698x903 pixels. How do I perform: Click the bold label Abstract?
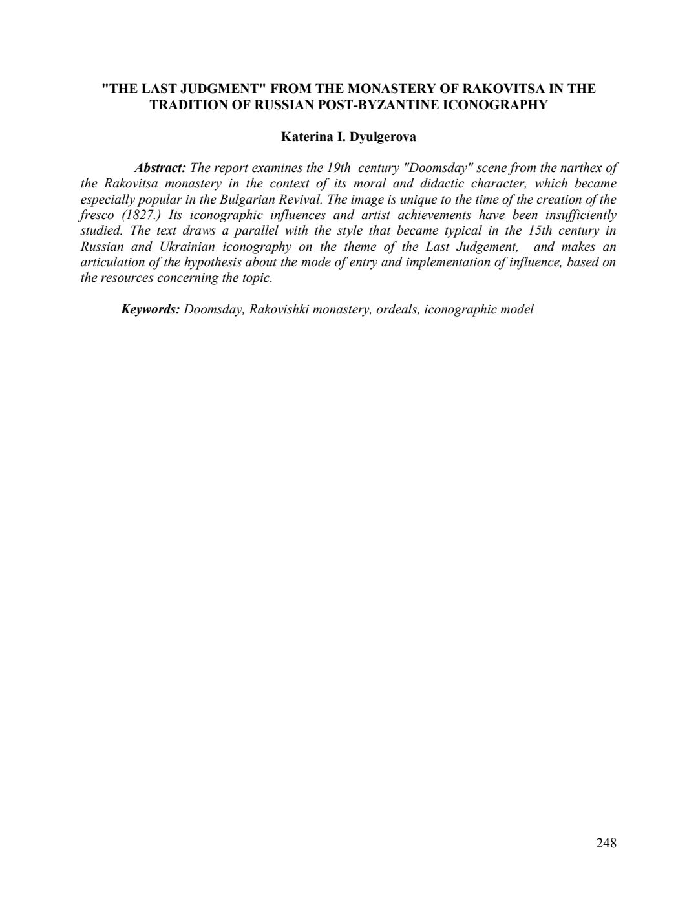160,168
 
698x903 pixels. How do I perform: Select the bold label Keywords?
151,310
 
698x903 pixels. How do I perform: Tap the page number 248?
606,843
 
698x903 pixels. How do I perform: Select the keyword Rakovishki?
280,310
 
